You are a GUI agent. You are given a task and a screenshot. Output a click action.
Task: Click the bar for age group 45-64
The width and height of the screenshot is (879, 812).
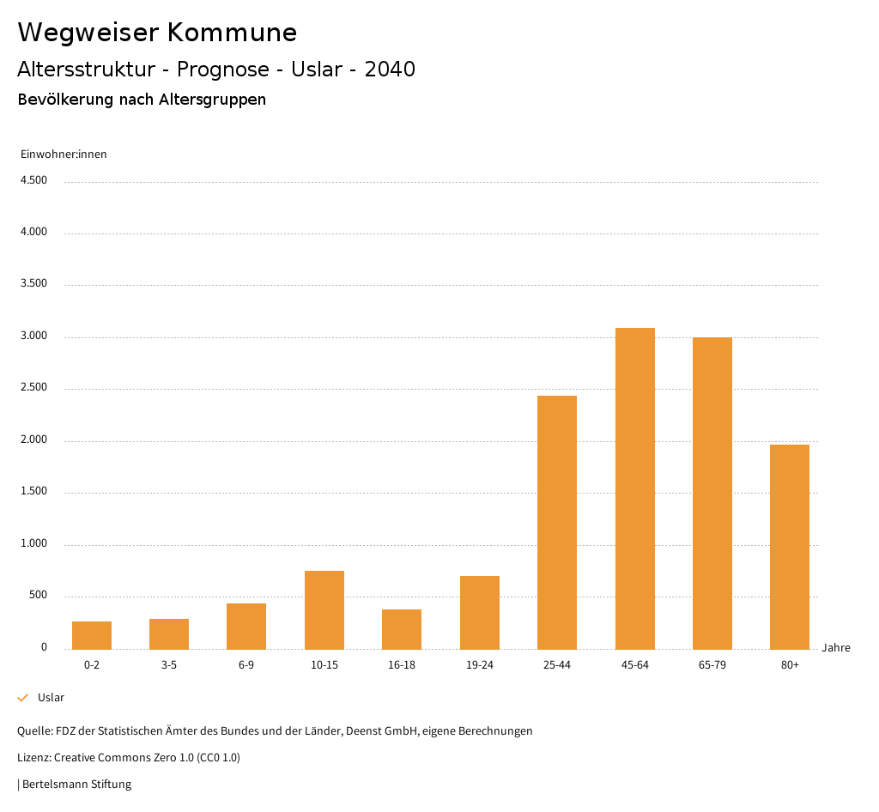point(634,488)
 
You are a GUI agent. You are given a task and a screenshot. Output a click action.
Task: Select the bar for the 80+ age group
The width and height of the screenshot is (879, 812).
point(790,547)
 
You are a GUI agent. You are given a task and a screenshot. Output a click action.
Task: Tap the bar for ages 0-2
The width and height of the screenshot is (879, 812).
point(92,635)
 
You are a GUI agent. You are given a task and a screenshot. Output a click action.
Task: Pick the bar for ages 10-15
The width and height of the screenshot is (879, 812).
point(324,609)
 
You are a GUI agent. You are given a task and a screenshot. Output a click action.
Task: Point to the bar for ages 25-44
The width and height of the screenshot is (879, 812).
point(557,522)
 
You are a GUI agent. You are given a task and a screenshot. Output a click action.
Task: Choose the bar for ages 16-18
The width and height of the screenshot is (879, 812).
point(402,629)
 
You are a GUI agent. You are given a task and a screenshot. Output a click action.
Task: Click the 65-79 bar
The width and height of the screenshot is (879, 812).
point(712,493)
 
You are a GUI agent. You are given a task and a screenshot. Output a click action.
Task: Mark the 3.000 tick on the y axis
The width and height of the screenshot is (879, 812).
point(33,336)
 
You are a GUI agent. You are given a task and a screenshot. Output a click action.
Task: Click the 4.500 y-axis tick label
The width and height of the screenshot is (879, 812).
point(33,180)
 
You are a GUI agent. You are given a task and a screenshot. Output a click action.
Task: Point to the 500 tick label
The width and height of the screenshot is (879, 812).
point(38,596)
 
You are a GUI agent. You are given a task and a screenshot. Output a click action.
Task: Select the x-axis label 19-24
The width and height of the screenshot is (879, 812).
point(479,665)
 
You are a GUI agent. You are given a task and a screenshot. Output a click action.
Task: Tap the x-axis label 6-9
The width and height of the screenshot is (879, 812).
point(246,665)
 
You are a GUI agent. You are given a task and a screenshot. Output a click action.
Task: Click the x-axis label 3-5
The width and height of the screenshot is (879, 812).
point(169,665)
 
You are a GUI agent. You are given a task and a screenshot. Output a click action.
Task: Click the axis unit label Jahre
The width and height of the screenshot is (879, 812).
point(836,648)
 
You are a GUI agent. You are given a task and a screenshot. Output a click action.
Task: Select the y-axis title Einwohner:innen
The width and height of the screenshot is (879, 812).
point(64,155)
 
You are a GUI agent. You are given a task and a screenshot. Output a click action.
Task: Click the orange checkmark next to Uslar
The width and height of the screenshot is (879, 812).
point(23,698)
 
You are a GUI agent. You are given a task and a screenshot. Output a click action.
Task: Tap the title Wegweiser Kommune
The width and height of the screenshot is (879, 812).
point(157,33)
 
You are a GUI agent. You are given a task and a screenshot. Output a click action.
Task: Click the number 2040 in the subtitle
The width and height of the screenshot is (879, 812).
point(390,70)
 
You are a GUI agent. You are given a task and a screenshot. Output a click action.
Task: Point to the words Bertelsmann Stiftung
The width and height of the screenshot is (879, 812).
point(76,785)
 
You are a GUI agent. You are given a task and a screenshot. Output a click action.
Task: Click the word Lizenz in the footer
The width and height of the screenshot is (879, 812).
point(33,758)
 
